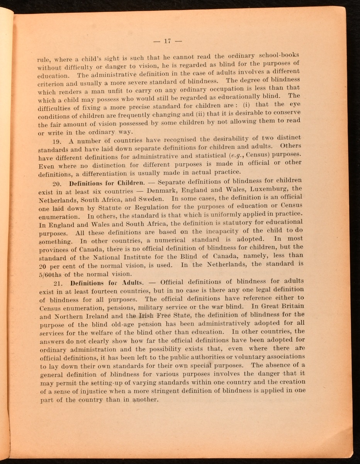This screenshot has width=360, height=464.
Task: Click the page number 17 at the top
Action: tap(167, 41)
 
